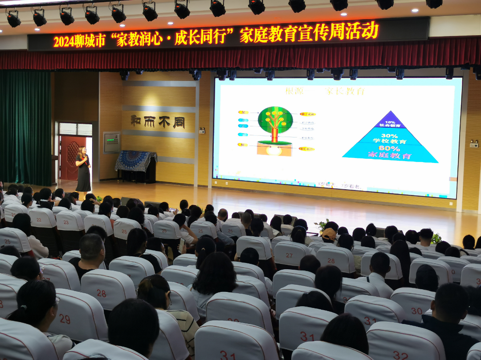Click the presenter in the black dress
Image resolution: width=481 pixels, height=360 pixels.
coord(83,169)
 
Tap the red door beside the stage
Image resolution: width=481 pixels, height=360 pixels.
coord(71,158)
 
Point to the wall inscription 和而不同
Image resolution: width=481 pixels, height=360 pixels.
coord(158,121)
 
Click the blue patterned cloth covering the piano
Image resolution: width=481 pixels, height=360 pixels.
coord(135,161)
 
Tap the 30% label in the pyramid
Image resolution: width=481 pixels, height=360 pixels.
coord(389,136)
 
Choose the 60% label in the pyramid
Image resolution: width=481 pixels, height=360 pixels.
coord(389,148)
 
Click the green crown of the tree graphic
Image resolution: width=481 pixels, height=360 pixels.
coord(275,119)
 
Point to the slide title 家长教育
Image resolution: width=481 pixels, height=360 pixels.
coord(345,91)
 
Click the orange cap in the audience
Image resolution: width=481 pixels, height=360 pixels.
coord(329,233)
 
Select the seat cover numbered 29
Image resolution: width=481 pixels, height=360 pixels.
coord(65,319)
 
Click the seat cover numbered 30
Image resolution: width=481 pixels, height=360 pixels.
coord(416,311)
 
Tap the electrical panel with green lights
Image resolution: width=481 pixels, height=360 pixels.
coord(111,143)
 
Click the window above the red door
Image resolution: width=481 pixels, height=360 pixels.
coord(75,129)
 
